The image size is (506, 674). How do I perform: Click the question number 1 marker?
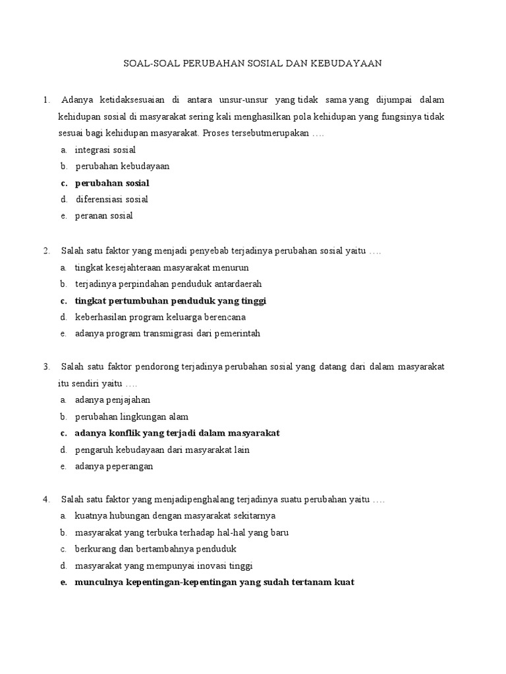click(46, 100)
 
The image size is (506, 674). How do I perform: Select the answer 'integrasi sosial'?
click(105, 150)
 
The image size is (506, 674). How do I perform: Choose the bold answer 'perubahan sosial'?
click(112, 183)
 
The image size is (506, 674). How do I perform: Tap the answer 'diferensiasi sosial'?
click(111, 199)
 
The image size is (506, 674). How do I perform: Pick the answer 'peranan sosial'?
click(103, 216)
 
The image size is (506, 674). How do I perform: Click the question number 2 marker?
click(46, 251)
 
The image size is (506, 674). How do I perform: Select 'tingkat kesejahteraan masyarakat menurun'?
click(161, 268)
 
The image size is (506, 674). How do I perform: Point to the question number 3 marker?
click(46, 367)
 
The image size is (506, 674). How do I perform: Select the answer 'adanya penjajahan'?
click(113, 400)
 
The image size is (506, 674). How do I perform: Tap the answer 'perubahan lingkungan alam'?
click(132, 417)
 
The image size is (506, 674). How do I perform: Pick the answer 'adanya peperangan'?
click(114, 467)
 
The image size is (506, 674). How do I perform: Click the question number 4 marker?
click(46, 499)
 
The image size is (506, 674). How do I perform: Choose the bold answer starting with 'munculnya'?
click(214, 583)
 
